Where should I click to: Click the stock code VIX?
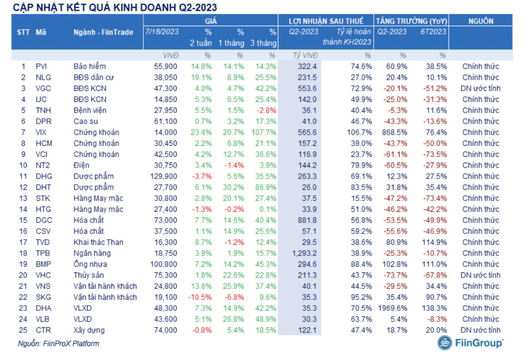tap(41, 132)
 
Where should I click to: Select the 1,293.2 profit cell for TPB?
tap(304, 253)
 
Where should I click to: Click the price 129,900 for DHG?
tap(164, 176)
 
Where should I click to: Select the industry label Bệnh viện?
tap(90, 110)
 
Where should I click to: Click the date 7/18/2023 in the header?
tap(162, 31)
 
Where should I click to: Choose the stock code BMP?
tap(42, 264)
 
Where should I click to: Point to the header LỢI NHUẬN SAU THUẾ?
tap(326, 21)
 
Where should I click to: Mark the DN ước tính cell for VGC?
tap(480, 88)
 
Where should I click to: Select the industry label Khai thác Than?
tap(98, 242)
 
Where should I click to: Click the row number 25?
tap(23, 330)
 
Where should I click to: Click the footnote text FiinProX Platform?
tap(71, 343)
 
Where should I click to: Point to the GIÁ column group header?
tap(211, 21)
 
